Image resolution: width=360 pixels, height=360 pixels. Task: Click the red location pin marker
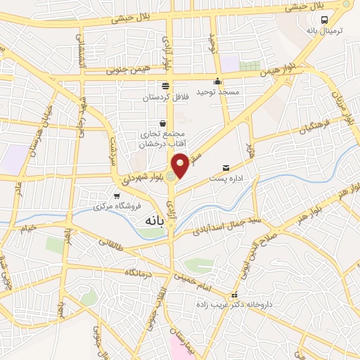[181, 165]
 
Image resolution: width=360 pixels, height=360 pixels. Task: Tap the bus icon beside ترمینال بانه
[324, 20]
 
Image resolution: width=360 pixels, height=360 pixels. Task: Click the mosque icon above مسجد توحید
[218, 81]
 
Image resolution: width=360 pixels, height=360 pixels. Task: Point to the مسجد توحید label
[218, 92]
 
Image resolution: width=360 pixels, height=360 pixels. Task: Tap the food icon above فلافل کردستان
[165, 86]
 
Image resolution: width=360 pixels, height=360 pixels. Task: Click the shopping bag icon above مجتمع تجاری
[162, 123]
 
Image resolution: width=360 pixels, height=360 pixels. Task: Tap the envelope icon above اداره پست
[226, 168]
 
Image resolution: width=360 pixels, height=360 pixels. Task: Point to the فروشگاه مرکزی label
[117, 207]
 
